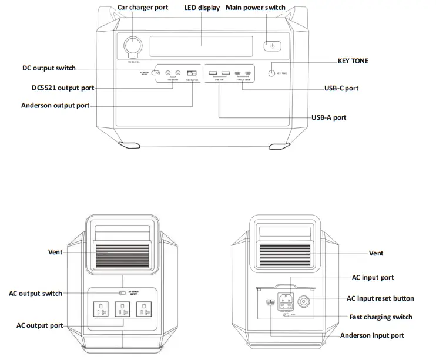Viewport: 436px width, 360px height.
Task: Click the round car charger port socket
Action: [x=133, y=46]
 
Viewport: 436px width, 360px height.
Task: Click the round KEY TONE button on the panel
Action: [x=273, y=73]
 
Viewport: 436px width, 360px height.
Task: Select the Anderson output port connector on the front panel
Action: [x=192, y=73]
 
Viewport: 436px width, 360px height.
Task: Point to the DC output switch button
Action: [x=156, y=73]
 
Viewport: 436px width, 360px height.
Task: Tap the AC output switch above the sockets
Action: [x=122, y=292]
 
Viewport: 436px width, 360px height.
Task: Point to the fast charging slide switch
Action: [x=286, y=315]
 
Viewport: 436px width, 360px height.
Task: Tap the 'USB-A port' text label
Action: [x=328, y=117]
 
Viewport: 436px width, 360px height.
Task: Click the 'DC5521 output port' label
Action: [x=63, y=88]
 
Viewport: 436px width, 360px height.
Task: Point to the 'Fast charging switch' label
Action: [x=381, y=317]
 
